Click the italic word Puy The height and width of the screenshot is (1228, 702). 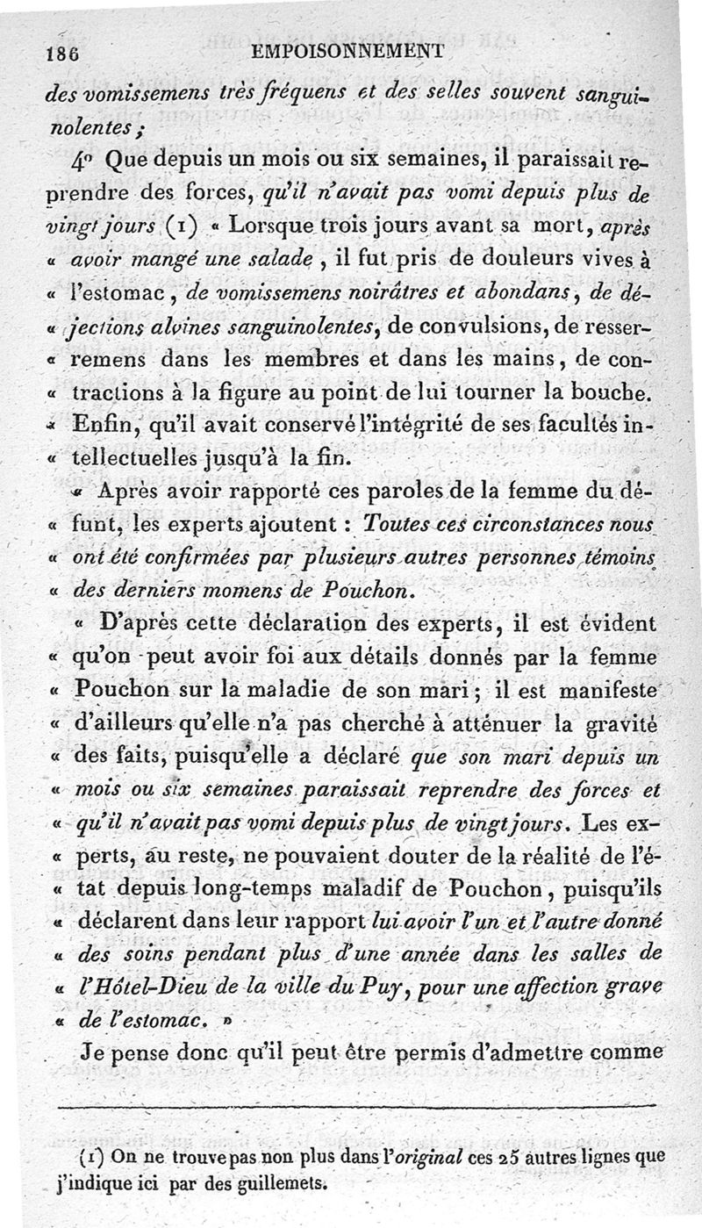(375, 988)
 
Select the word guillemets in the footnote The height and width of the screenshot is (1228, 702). (262, 1181)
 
